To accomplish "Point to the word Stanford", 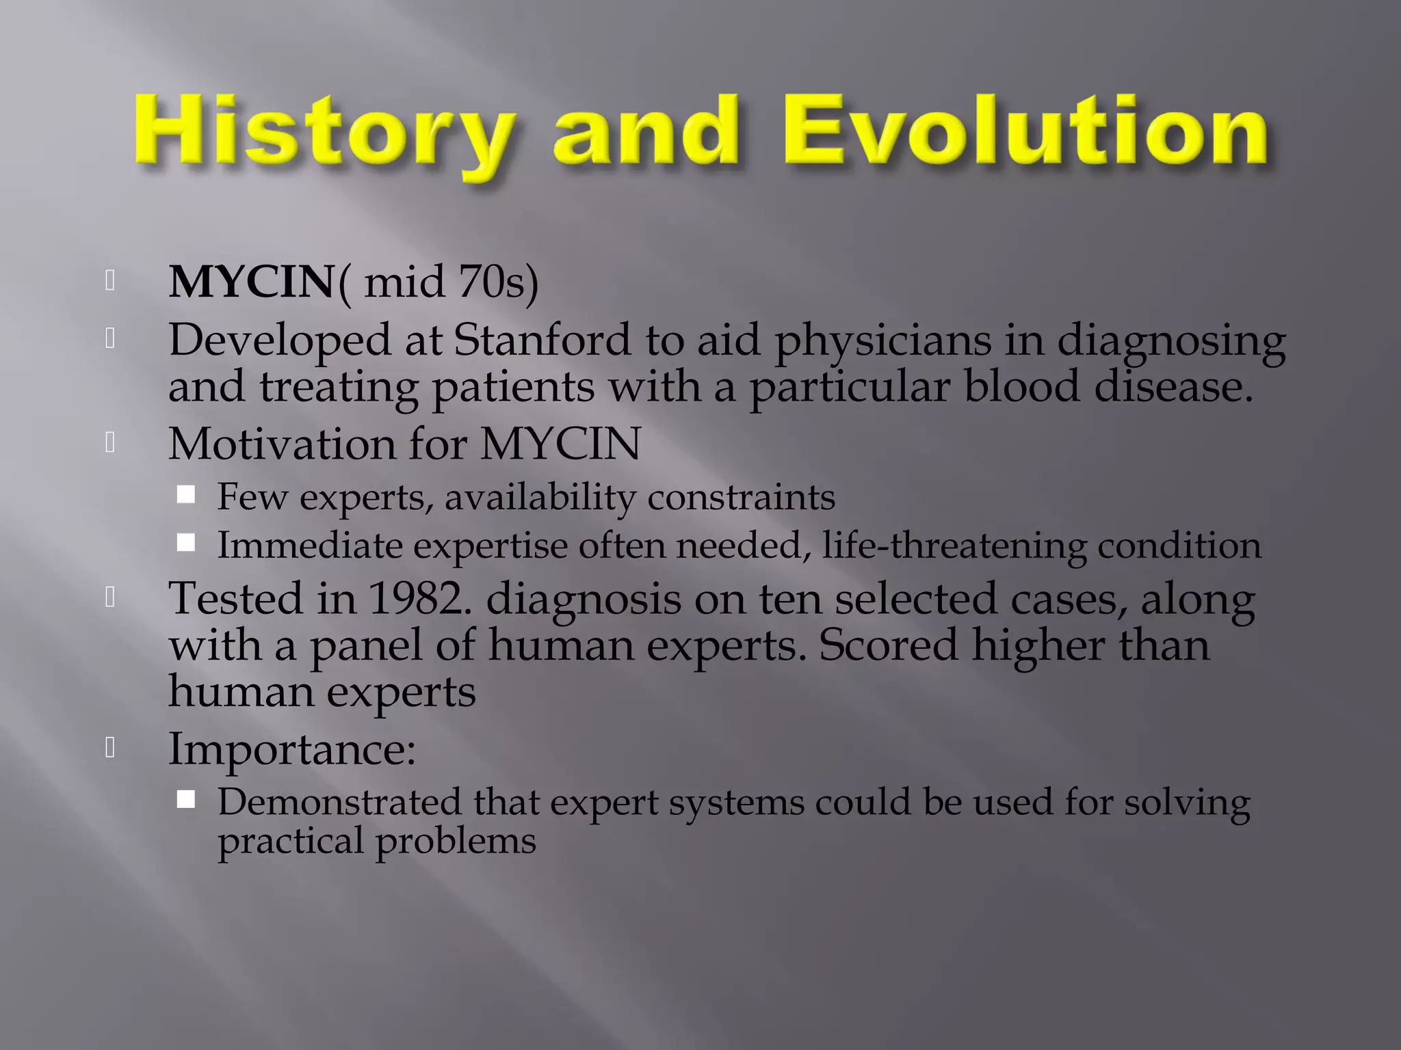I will pyautogui.click(x=542, y=340).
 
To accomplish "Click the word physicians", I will pyautogui.click(x=882, y=341).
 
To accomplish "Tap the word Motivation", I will pyautogui.click(x=282, y=444).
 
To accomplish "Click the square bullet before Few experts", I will pyautogui.click(x=186, y=494).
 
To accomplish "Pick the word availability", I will pyautogui.click(x=540, y=498).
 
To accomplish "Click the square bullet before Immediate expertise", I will pyautogui.click(x=186, y=543).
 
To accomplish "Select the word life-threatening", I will pyautogui.click(x=954, y=546).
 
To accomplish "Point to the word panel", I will pyautogui.click(x=366, y=645).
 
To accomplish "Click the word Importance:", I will pyautogui.click(x=292, y=749).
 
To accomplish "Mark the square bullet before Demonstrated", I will pyautogui.click(x=186, y=799).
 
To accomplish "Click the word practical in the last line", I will pyautogui.click(x=290, y=842).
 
